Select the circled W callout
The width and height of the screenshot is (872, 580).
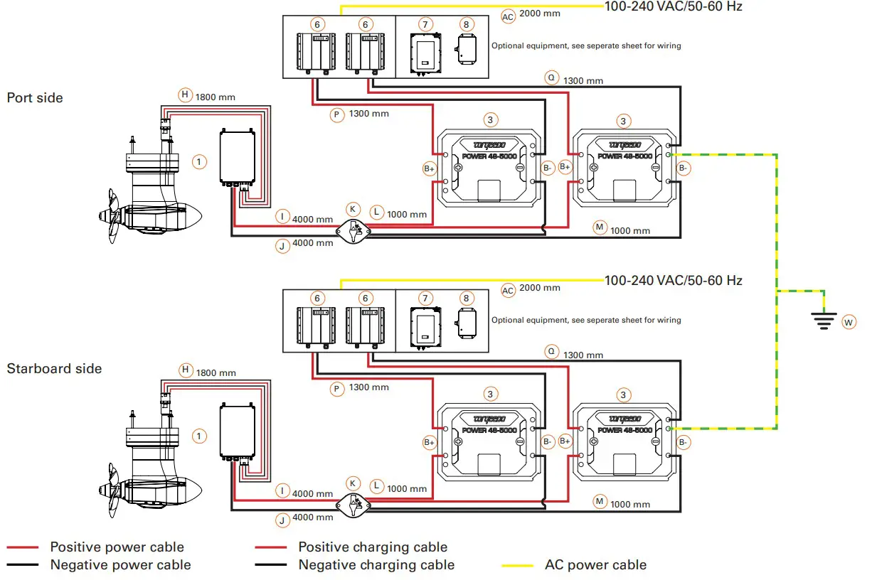(848, 322)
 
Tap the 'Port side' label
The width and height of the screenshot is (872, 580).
(35, 97)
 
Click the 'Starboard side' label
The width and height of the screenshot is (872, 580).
(54, 368)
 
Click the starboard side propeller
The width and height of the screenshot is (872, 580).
(110, 488)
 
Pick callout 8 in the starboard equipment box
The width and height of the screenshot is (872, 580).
(466, 299)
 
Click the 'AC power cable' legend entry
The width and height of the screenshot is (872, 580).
(595, 565)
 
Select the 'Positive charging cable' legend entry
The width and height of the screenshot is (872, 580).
(373, 547)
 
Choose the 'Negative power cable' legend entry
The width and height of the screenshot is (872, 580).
(120, 565)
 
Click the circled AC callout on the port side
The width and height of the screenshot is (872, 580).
(508, 16)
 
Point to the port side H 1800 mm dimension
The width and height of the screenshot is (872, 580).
(216, 96)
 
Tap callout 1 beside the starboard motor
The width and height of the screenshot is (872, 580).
(200, 436)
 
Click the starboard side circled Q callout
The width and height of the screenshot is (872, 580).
(551, 351)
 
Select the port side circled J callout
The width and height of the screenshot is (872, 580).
(282, 245)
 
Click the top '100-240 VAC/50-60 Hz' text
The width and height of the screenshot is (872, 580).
(673, 6)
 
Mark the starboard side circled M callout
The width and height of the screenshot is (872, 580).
(600, 501)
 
